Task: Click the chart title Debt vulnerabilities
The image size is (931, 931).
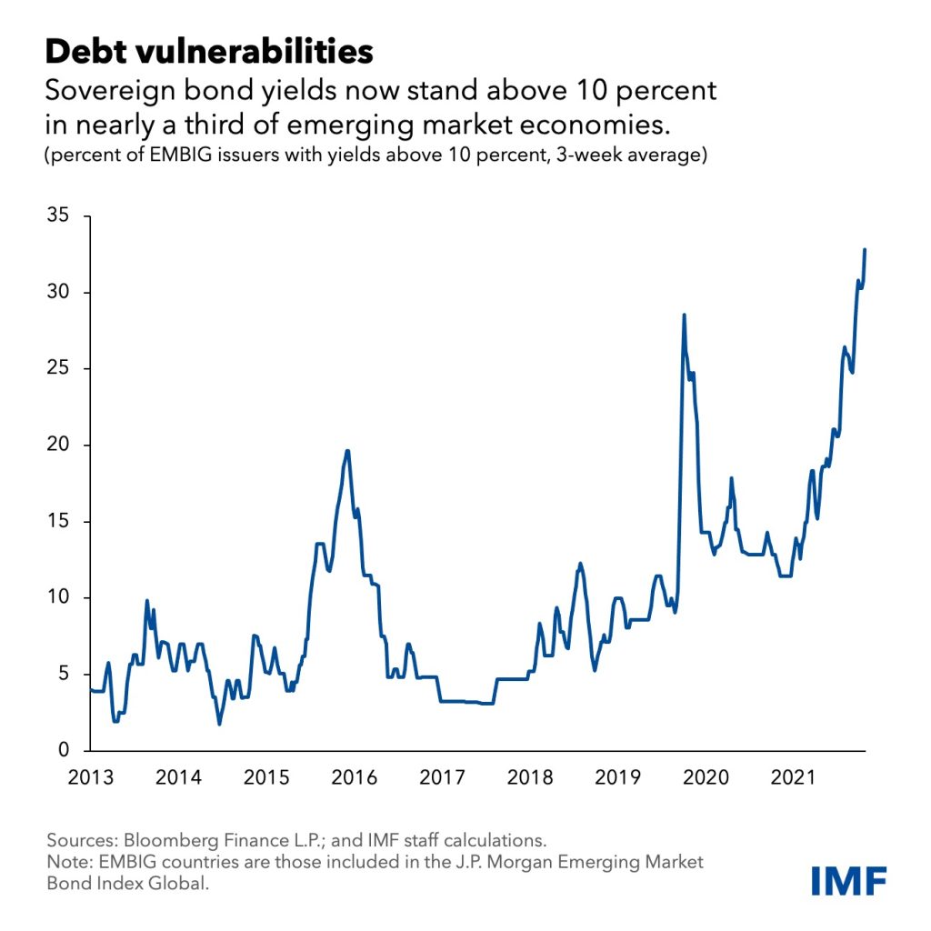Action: pos(209,51)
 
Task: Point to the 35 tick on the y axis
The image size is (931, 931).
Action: pos(57,217)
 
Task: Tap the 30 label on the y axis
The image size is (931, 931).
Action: pos(57,293)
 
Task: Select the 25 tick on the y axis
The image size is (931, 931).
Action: pos(57,369)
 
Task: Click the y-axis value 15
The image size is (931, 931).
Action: pos(57,522)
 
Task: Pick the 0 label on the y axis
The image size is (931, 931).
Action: pos(64,750)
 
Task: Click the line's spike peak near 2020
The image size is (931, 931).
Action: pos(684,315)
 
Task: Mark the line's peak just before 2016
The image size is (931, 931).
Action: pos(347,451)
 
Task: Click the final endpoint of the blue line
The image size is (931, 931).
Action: pos(865,249)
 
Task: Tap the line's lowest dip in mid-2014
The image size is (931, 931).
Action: pos(219,724)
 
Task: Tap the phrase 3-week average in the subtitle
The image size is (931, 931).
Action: pos(619,155)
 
